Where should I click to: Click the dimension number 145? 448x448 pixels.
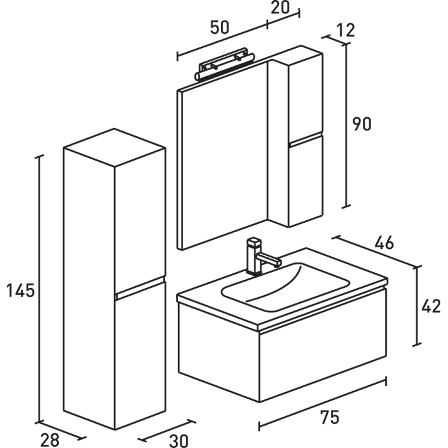(x=20, y=291)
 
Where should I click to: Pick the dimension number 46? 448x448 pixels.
(x=383, y=243)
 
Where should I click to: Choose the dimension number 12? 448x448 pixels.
(x=344, y=29)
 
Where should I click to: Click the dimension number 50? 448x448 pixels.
(x=220, y=27)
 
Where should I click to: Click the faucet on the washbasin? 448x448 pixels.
(x=258, y=255)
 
